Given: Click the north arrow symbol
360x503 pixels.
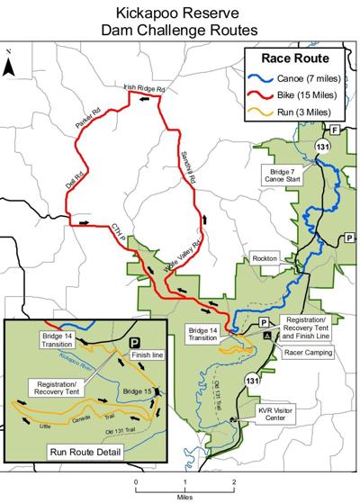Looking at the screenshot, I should (8, 66).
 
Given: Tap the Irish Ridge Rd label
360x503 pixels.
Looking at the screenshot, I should (145, 88).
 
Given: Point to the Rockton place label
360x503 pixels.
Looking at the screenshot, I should (265, 258).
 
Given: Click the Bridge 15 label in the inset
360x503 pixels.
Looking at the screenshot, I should (134, 391).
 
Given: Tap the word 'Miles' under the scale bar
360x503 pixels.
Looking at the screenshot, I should (184, 494).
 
